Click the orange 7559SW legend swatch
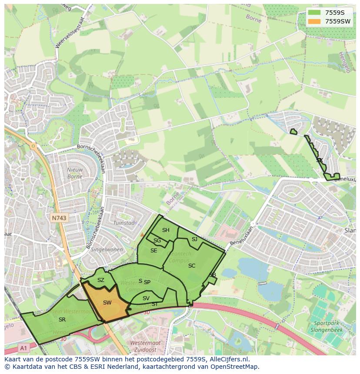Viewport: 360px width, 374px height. coord(315,21)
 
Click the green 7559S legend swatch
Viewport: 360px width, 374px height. coord(315,13)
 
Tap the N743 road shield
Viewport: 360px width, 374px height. coord(59,218)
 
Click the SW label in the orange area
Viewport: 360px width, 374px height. coord(107,302)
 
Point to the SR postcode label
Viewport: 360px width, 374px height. coord(62,319)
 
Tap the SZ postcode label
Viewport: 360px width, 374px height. coord(101,280)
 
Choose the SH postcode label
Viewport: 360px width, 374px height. coord(166,230)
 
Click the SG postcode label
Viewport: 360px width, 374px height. coord(157,241)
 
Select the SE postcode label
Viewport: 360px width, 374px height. coord(154,251)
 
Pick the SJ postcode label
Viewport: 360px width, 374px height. coord(194,239)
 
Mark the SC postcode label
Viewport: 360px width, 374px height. coord(192,266)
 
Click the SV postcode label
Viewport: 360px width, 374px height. coord(146,298)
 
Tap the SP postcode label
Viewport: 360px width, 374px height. coord(147,282)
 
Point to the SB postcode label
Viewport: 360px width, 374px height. coord(213,275)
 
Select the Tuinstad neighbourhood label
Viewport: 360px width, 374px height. coord(123,223)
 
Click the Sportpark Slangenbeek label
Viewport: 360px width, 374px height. coord(327,327)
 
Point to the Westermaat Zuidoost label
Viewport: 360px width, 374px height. coord(145,346)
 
